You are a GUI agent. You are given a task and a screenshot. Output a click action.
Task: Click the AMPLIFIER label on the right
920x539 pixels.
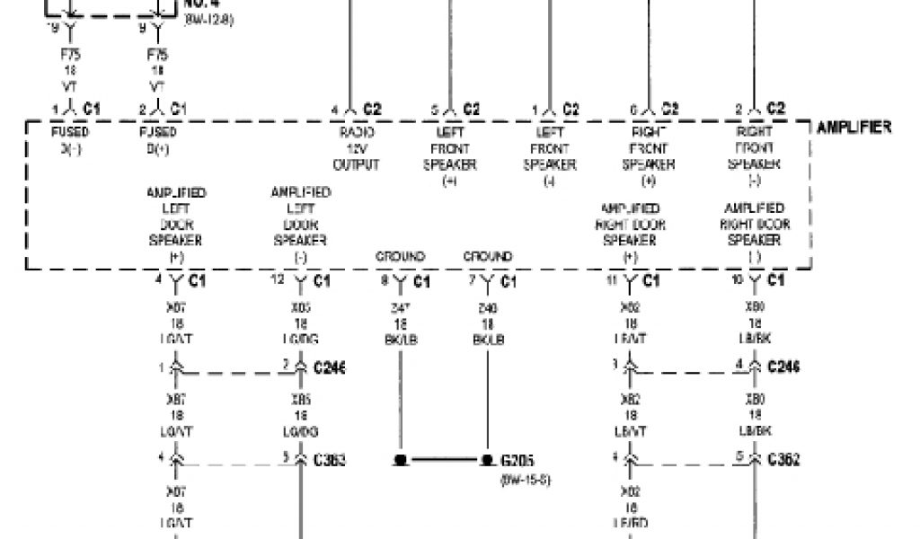854,128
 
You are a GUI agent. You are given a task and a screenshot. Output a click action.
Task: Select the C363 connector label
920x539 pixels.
329,460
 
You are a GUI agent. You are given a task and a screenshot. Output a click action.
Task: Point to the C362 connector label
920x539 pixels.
783,460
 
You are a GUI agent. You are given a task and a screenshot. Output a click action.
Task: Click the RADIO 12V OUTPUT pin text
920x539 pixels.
355,148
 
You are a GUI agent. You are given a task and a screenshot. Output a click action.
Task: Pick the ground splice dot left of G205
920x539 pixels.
400,460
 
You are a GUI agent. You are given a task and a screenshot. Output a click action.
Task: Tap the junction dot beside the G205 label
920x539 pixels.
487,460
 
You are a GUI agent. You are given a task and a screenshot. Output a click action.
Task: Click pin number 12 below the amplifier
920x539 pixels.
278,280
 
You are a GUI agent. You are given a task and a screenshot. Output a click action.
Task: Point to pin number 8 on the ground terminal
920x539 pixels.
384,280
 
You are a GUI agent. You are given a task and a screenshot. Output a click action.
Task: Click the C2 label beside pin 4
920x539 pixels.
373,109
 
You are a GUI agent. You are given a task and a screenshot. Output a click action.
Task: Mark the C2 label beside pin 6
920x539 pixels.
669,109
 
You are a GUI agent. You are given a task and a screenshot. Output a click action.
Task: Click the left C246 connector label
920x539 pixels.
330,367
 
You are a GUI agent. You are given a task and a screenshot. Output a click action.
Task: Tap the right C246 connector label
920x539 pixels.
783,367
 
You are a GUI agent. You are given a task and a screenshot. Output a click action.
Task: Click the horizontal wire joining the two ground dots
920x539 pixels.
443,460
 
